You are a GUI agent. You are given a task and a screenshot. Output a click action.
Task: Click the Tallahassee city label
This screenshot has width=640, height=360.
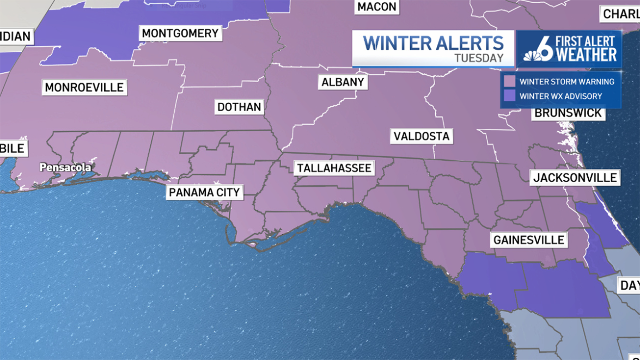coord(334,168)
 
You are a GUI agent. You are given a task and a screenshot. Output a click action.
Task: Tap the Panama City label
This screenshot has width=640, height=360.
coord(204,192)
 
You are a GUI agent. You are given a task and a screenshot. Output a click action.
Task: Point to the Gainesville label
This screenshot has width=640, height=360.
coord(529,240)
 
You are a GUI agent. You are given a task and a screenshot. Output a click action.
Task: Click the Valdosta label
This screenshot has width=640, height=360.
coord(422,136)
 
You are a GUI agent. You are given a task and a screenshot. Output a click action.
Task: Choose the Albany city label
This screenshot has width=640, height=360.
coord(343,82)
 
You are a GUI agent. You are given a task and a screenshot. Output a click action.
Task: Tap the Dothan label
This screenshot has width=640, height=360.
coord(239,107)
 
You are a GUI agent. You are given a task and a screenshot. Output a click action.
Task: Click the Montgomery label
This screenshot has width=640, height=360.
coord(180,33)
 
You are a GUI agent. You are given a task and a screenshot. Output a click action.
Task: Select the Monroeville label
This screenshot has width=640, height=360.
coord(84,87)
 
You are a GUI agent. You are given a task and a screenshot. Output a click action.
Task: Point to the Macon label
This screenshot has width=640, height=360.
coord(377,7)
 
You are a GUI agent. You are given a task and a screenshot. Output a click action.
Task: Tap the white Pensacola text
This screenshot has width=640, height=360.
coord(65,167)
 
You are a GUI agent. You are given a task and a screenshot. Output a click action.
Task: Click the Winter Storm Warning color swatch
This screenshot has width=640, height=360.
coord(509,82)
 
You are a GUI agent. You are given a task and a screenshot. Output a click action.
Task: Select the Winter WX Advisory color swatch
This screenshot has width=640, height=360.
coord(509,96)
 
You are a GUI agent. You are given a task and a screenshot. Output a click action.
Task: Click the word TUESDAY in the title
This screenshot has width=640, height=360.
coord(479,58)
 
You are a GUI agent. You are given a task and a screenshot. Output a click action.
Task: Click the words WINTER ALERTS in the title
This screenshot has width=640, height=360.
coord(433,43)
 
